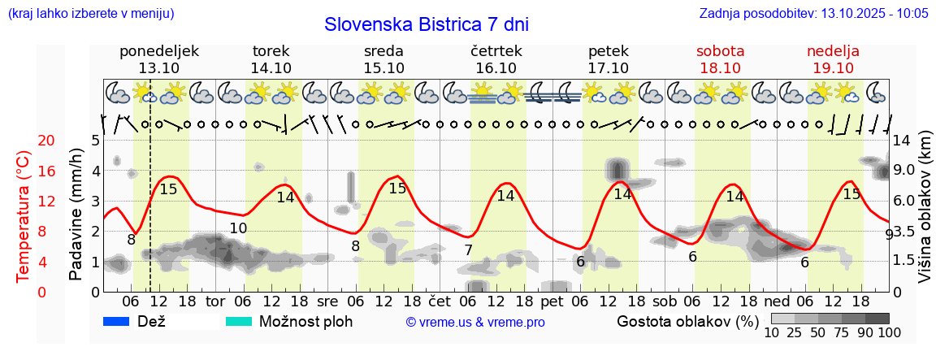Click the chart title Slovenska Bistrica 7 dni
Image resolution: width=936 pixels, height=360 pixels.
click(426, 24)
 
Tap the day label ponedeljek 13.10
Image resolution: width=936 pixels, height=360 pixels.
click(158, 59)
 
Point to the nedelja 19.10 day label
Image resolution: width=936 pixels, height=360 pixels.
click(833, 59)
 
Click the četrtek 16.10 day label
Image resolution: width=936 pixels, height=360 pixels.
click(496, 59)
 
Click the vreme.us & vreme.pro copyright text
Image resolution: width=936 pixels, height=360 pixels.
click(475, 322)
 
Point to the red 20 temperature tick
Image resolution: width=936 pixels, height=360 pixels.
click(24, 141)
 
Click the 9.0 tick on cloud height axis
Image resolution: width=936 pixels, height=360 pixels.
click(904, 171)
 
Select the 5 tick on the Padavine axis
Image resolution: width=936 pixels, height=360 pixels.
click(95, 141)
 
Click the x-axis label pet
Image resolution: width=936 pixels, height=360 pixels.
click(552, 300)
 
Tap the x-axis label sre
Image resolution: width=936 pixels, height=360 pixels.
click(327, 300)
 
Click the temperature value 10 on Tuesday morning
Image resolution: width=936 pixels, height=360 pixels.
click(237, 228)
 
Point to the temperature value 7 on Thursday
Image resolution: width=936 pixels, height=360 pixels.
click(468, 249)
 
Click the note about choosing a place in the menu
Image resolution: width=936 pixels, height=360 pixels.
click(91, 14)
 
